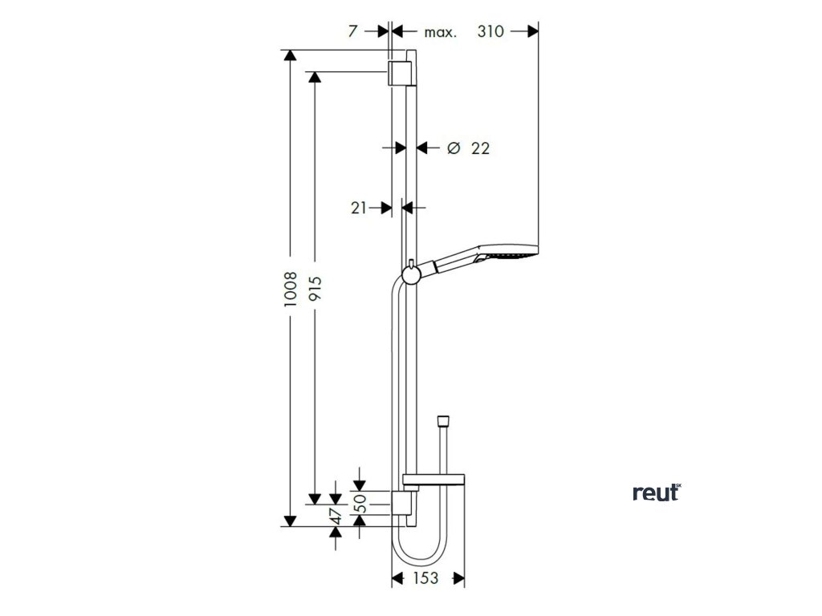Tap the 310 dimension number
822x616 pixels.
(x=490, y=31)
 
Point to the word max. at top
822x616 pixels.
(x=440, y=32)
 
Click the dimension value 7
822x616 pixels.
(x=352, y=31)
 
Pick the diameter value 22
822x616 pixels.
(x=480, y=148)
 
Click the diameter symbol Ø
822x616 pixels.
(x=453, y=148)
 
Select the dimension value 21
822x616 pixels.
(x=359, y=208)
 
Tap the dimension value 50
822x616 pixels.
(x=360, y=503)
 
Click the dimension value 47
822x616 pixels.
(x=337, y=515)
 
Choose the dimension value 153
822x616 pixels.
(x=427, y=578)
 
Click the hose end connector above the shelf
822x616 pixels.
(x=441, y=422)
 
